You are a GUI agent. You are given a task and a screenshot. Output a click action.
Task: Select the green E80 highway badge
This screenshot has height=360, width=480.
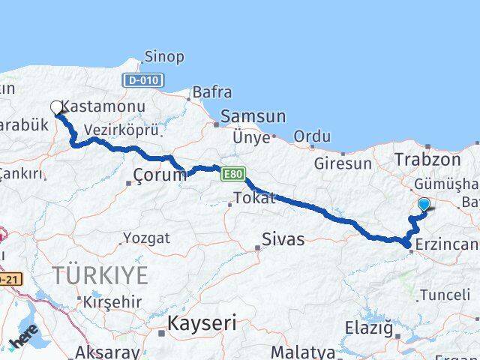tap(233, 174)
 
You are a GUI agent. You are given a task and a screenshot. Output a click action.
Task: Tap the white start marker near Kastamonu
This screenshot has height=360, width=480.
tap(57, 108)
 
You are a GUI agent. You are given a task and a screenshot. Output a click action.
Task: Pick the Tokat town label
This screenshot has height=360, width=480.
tap(254, 198)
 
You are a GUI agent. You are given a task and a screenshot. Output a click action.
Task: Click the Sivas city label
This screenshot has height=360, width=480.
tap(283, 239)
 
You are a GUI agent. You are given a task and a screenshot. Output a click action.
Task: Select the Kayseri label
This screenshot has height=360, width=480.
tap(202, 323)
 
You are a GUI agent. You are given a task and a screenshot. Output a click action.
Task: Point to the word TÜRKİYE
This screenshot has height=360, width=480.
tap(100, 276)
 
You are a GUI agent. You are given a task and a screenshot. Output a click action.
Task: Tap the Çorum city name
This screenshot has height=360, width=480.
tap(158, 175)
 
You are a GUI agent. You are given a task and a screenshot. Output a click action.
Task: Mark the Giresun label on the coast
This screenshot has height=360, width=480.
tap(343, 163)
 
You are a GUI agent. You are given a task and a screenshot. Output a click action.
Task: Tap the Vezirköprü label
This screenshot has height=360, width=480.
tap(121, 130)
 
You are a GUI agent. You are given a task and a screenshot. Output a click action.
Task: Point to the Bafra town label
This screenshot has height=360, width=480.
tap(212, 92)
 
